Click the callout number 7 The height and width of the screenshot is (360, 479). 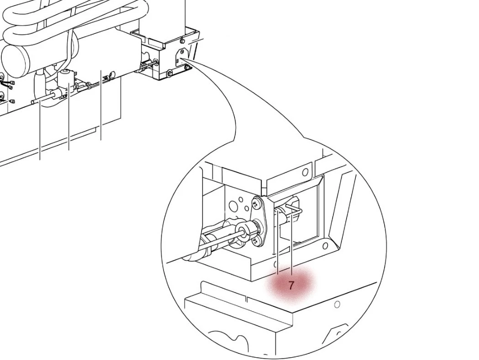(291, 286)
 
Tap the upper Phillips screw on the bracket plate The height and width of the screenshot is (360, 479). (258, 202)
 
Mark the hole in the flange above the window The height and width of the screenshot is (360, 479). (305, 172)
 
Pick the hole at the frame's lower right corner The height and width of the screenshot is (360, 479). (325, 246)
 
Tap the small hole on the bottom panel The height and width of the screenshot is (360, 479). (337, 304)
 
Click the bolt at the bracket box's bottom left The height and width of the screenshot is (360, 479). (169, 73)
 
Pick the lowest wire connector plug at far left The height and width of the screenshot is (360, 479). (12, 101)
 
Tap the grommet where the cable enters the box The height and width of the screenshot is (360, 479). (157, 61)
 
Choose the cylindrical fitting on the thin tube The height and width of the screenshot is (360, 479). (57, 95)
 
